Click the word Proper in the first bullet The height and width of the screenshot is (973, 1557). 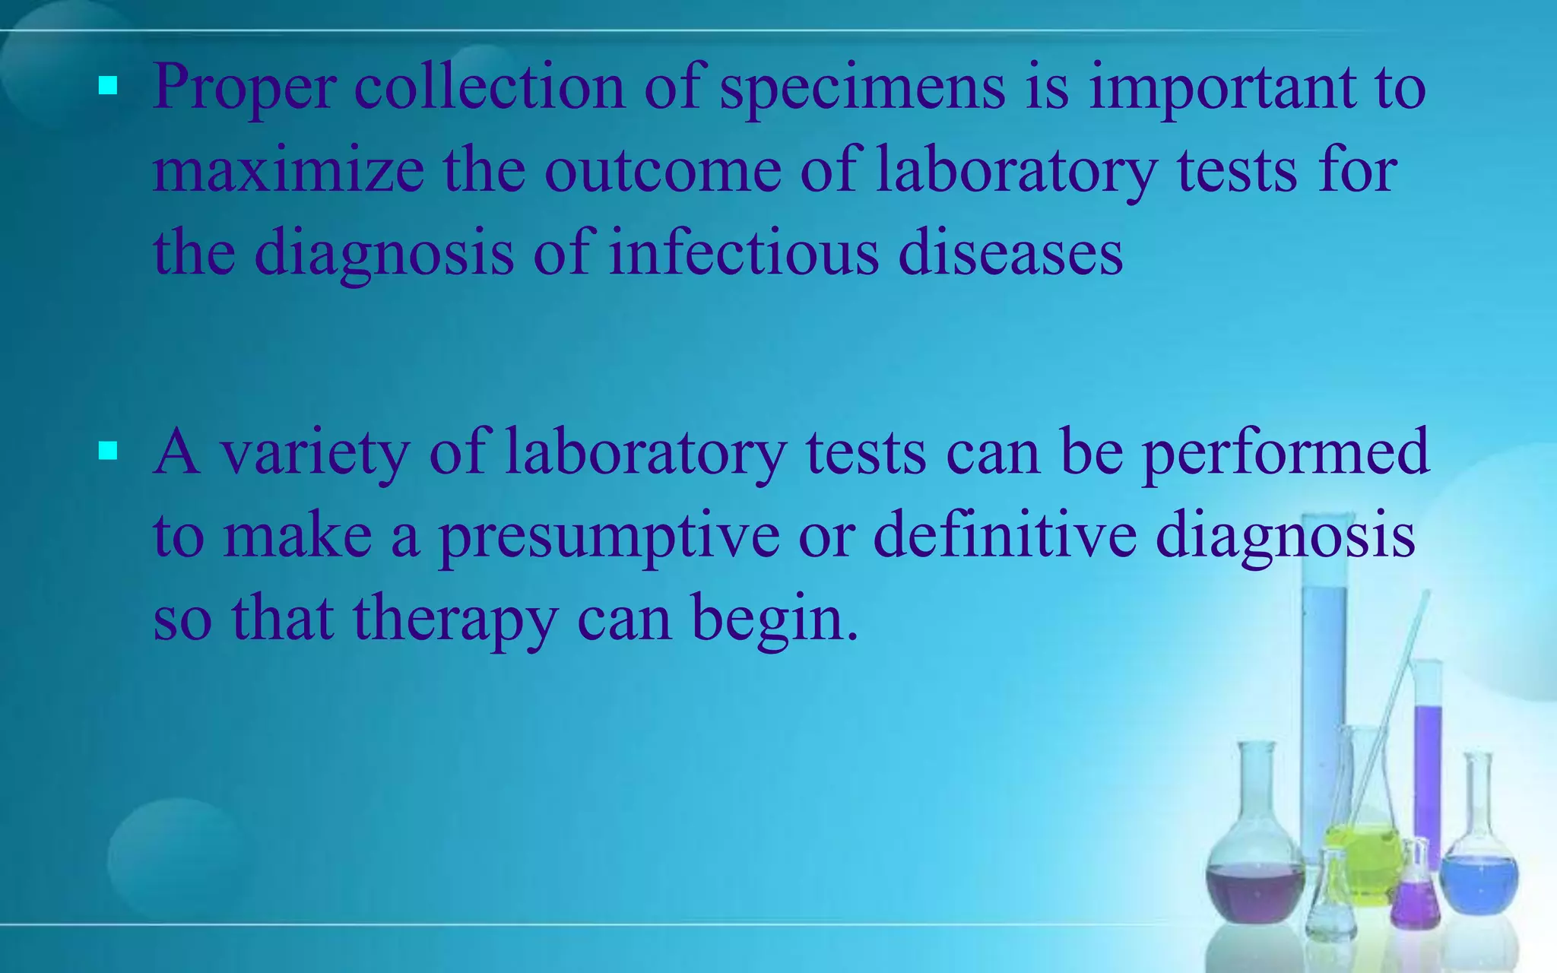tap(244, 88)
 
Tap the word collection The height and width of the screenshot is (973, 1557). tap(489, 87)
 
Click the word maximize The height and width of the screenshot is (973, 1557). tap(288, 170)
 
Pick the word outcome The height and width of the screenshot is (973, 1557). tap(662, 170)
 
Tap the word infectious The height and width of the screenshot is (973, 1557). tap(744, 252)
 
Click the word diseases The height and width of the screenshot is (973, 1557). tap(1010, 252)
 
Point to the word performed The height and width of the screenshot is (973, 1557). tap(1285, 454)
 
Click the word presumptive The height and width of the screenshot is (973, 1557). tap(609, 537)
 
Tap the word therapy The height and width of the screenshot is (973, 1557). tap(455, 620)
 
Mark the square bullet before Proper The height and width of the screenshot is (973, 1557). tap(108, 87)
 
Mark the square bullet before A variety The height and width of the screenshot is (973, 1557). tap(108, 452)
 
